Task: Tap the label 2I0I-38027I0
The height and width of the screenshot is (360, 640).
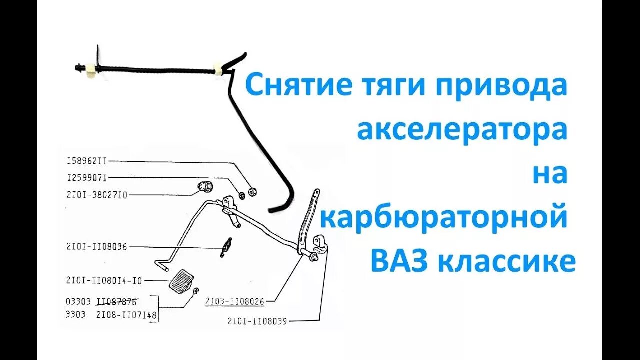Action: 97,195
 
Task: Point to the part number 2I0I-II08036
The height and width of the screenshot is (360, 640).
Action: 97,246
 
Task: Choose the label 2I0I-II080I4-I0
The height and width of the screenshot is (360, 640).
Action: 104,281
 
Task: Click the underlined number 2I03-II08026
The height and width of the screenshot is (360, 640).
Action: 234,301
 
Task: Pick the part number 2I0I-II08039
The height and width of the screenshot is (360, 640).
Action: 257,321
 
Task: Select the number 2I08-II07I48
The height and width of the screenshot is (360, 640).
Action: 127,315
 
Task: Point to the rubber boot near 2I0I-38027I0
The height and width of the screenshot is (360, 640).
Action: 205,187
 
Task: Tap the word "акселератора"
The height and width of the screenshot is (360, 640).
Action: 462,131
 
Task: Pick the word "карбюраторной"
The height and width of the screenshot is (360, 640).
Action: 444,218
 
